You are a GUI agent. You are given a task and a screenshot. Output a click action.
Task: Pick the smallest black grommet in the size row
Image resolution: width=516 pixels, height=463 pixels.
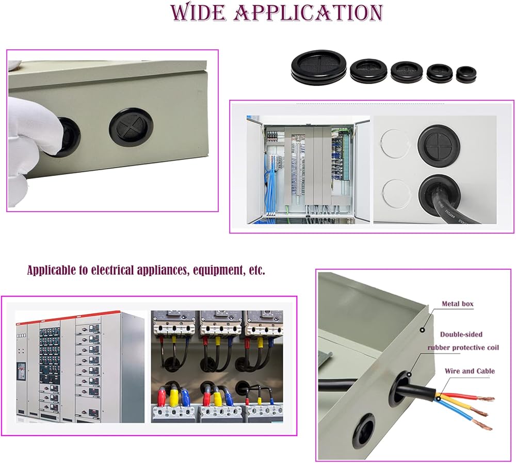click(466, 74)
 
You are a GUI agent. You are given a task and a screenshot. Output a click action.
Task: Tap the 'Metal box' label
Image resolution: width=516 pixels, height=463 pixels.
click(457, 304)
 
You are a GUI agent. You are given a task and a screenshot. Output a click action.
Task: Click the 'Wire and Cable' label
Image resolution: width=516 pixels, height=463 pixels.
click(470, 371)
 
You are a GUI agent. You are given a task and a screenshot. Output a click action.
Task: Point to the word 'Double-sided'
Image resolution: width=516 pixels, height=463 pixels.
click(461, 334)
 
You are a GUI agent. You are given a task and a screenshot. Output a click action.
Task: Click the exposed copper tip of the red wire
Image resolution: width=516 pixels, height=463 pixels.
click(488, 398)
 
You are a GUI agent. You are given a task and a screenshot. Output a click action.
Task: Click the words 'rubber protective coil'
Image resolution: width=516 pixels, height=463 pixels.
click(463, 348)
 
